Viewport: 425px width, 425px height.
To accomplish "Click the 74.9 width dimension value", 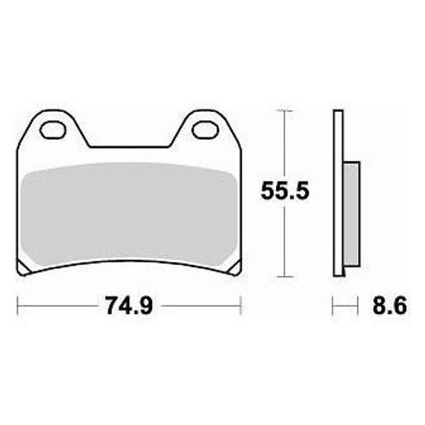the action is click(x=129, y=306).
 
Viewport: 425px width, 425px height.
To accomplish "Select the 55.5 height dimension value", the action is click(x=284, y=191).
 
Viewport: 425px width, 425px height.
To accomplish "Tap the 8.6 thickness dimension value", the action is click(x=390, y=306).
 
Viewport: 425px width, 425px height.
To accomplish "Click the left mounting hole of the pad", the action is click(x=53, y=130).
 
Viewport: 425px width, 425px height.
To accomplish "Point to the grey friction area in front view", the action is click(x=129, y=214).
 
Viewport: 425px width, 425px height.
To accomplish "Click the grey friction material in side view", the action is click(x=351, y=214).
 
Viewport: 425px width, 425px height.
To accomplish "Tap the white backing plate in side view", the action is click(x=338, y=193).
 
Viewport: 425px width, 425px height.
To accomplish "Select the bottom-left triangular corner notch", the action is click(x=23, y=267).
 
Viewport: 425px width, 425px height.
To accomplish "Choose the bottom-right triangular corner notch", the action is click(x=236, y=267).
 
